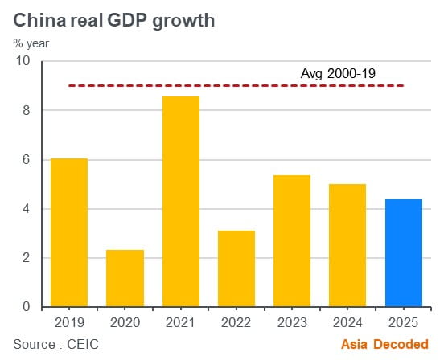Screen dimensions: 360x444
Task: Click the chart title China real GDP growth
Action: coord(113,20)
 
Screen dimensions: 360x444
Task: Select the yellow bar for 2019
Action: coord(68,233)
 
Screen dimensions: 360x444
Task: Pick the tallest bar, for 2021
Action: coord(180,202)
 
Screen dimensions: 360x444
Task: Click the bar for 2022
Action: coord(236,269)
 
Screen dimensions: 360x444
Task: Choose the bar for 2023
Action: coord(291,241)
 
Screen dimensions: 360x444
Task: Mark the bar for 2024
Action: coord(347,246)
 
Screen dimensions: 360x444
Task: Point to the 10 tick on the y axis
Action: coord(23,61)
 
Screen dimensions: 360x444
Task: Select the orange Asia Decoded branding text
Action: coord(384,344)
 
